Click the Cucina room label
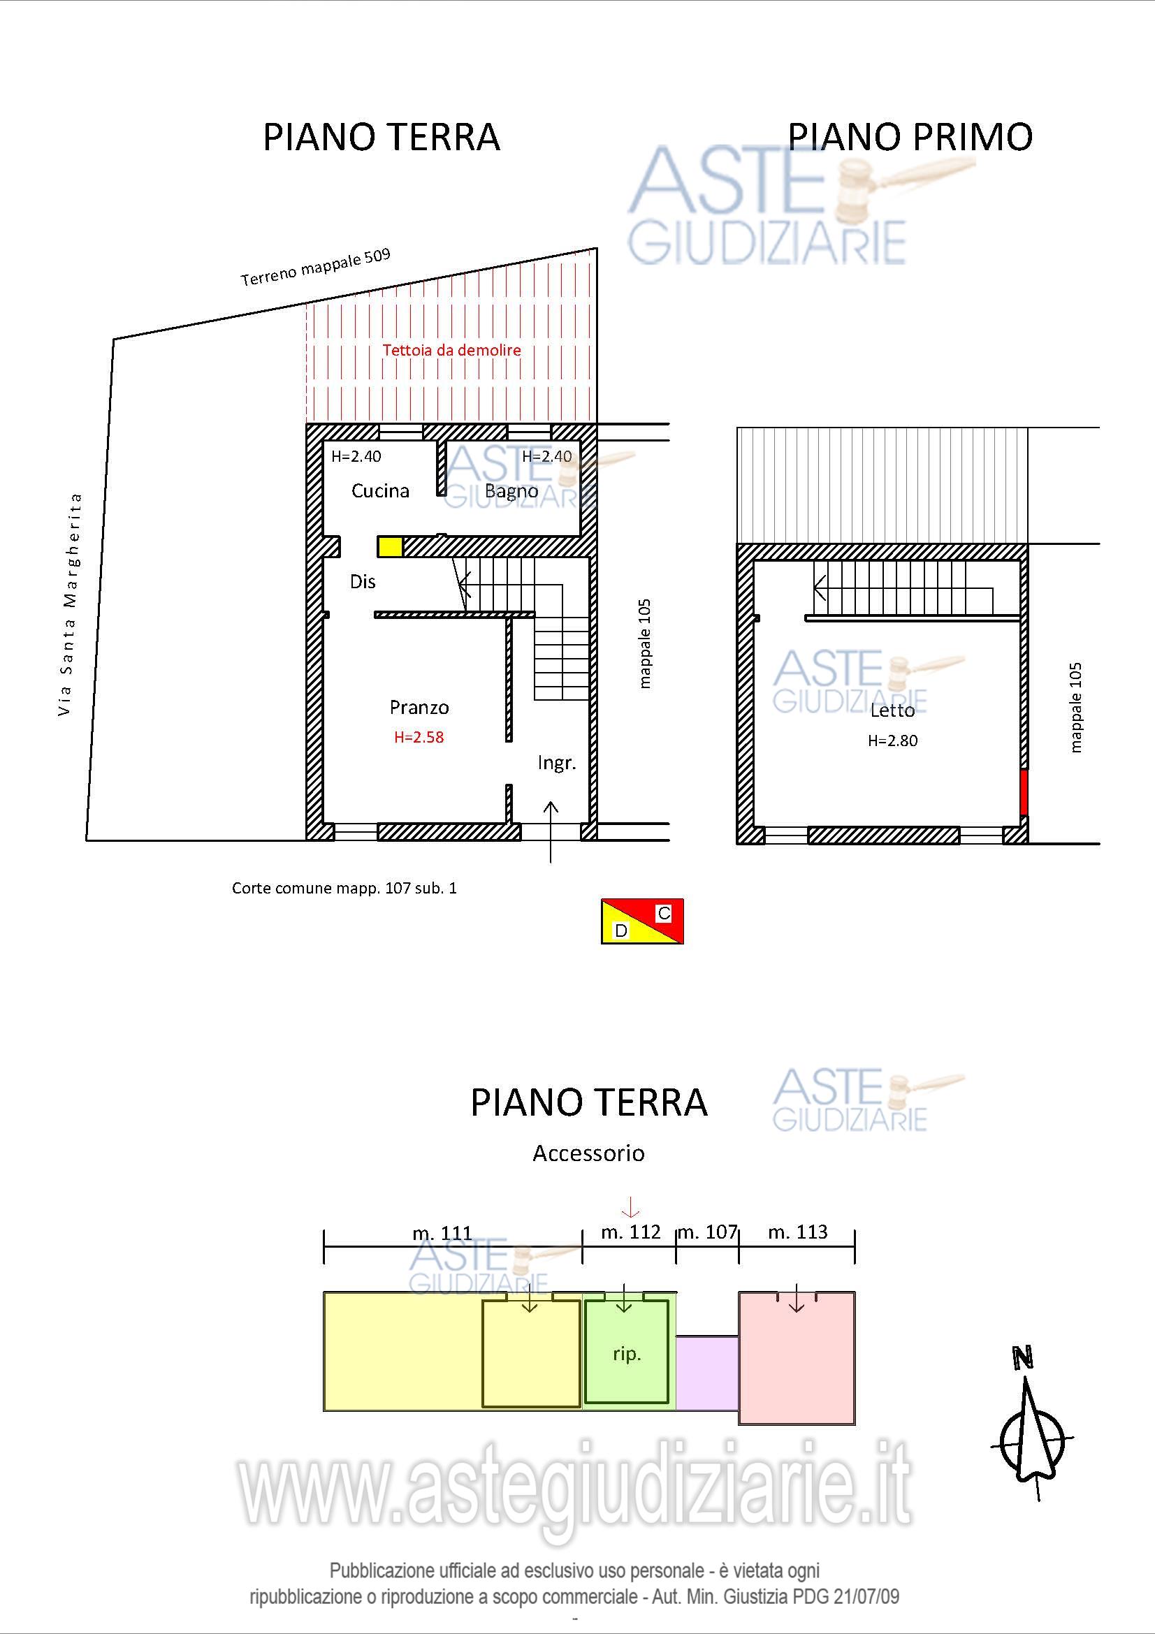381,490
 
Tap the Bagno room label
511,491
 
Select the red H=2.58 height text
419,737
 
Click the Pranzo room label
419,708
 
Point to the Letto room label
892,710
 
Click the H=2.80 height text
892,741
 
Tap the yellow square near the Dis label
390,546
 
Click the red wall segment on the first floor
1024,792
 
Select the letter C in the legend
663,913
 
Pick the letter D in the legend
621,931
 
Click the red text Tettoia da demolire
452,350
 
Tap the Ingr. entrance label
556,764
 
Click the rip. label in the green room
627,1355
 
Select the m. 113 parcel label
798,1232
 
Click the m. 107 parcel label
707,1232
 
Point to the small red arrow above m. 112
630,1208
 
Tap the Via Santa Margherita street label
69,604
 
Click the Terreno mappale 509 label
315,267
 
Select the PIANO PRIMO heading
910,137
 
